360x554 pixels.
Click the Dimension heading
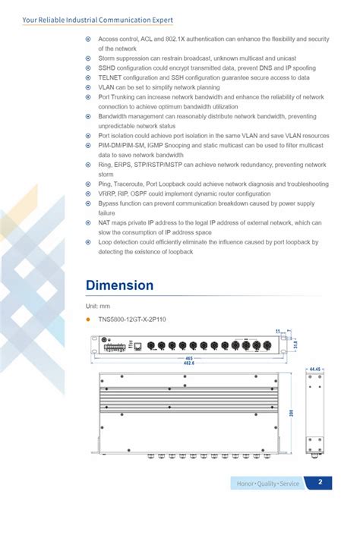(119, 286)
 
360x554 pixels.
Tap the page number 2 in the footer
(320, 483)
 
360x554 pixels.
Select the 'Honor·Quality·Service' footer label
(267, 483)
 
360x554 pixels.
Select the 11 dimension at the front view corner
(278, 331)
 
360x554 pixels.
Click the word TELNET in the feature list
(110, 77)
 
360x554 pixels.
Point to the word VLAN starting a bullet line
(106, 87)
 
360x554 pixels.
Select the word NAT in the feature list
(105, 223)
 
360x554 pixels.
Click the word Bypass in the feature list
(109, 203)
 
